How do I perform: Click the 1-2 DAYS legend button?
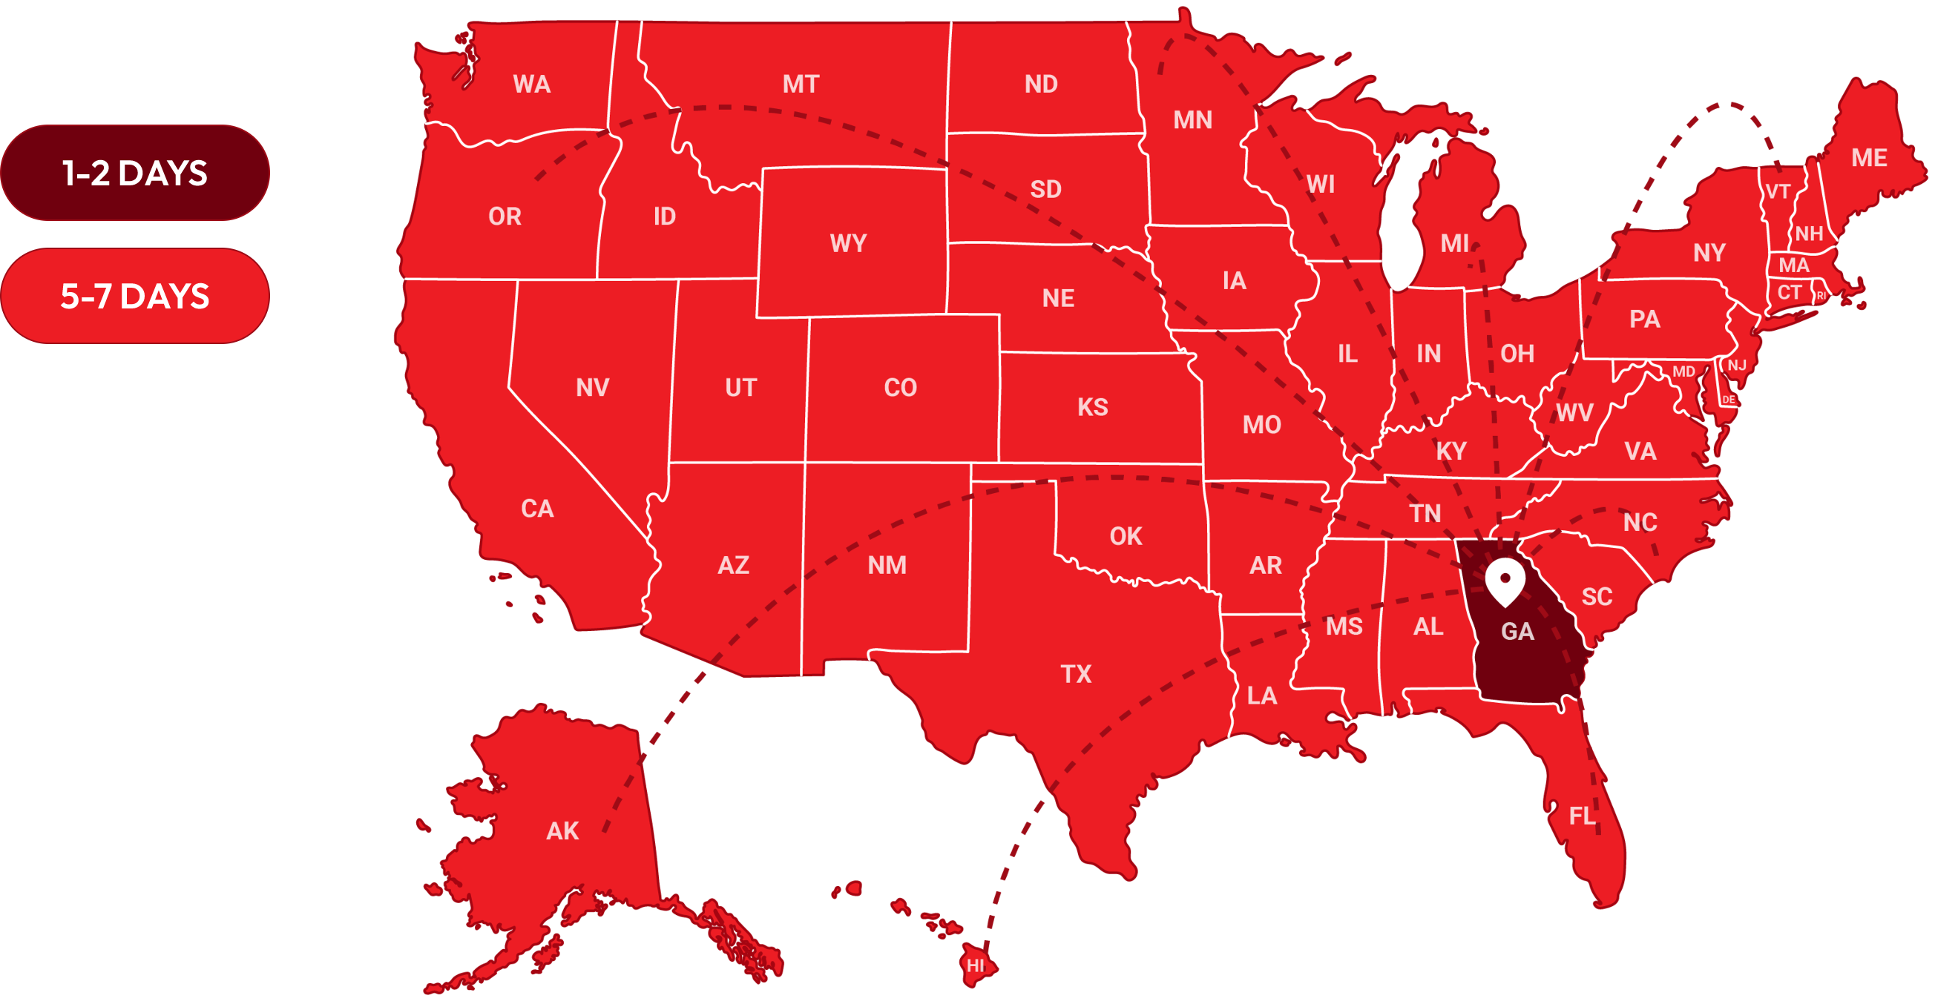coord(134,174)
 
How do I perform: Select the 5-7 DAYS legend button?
coord(134,297)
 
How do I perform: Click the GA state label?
coord(1517,632)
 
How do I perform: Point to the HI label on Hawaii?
coord(975,965)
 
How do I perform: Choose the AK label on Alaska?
coord(562,831)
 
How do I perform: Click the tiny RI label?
coord(1821,296)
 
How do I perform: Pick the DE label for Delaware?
coord(1729,400)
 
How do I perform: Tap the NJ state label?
coord(1737,366)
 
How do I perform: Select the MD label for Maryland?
coord(1683,371)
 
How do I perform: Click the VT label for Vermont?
coord(1777,191)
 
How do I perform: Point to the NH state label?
coord(1809,234)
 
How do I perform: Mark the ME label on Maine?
coord(1869,158)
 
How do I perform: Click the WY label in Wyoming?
coord(848,243)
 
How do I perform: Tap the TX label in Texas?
coord(1076,674)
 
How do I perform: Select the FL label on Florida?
coord(1582,816)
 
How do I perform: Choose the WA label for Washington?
coord(532,84)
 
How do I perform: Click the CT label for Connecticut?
coord(1790,292)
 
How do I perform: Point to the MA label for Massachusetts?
coord(1794,265)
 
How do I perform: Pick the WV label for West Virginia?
coord(1574,412)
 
